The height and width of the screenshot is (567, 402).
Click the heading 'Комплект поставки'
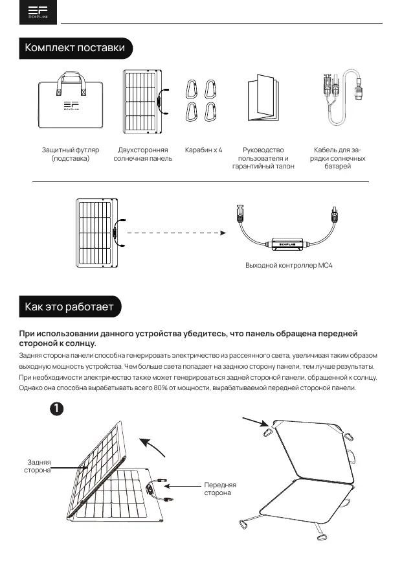point(75,49)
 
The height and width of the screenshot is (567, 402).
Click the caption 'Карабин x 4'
point(203,150)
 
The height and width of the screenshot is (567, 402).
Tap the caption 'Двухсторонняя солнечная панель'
point(143,154)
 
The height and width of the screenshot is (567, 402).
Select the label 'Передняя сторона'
point(220,489)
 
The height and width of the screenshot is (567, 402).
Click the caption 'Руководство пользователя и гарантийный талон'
point(263,158)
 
